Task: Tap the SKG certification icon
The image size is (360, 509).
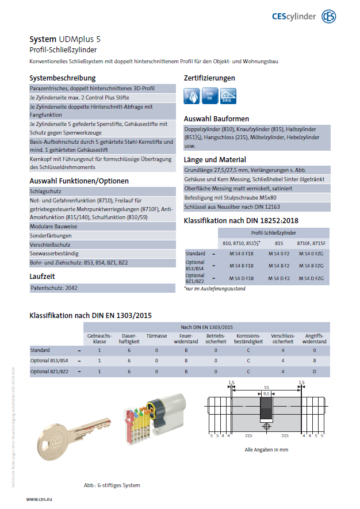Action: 228,96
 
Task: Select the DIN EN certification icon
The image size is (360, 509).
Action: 210,96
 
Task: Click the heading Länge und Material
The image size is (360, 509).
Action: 215,159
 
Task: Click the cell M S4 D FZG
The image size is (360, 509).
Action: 311,278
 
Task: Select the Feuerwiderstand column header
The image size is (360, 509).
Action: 186,338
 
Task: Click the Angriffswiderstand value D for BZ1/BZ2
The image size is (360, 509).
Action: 314,372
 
